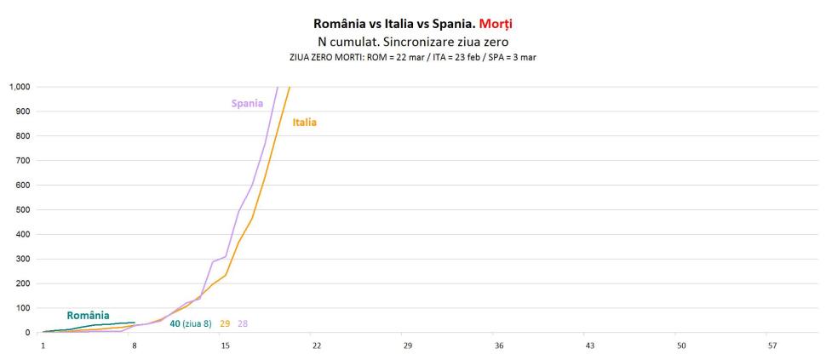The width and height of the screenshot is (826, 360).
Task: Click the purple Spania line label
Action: coord(247,104)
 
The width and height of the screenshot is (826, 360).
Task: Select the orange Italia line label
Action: coord(304,123)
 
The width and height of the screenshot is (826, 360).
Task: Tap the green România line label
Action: coord(88,315)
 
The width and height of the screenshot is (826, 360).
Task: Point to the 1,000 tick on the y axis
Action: coord(19,87)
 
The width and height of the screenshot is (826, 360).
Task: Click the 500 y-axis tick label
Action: coord(22,210)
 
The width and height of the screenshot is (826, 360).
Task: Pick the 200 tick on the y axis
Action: coord(22,284)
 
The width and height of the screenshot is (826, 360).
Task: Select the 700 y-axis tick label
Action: coord(22,161)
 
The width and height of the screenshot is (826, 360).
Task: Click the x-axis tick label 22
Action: coord(316,346)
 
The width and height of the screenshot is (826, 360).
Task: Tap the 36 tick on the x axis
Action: coord(499,346)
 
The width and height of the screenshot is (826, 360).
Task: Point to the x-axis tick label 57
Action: coord(772,346)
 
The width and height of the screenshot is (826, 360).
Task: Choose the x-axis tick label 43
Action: coord(590,346)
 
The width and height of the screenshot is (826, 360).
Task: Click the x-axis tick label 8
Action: coord(134,346)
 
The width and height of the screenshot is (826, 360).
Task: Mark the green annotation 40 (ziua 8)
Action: coord(190,324)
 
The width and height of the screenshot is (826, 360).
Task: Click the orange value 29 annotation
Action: coord(225,324)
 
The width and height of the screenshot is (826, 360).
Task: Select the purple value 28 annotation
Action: coord(243,324)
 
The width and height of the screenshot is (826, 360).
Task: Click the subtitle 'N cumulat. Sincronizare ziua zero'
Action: coord(412,42)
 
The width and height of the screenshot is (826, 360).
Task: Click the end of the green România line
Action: coord(134,323)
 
